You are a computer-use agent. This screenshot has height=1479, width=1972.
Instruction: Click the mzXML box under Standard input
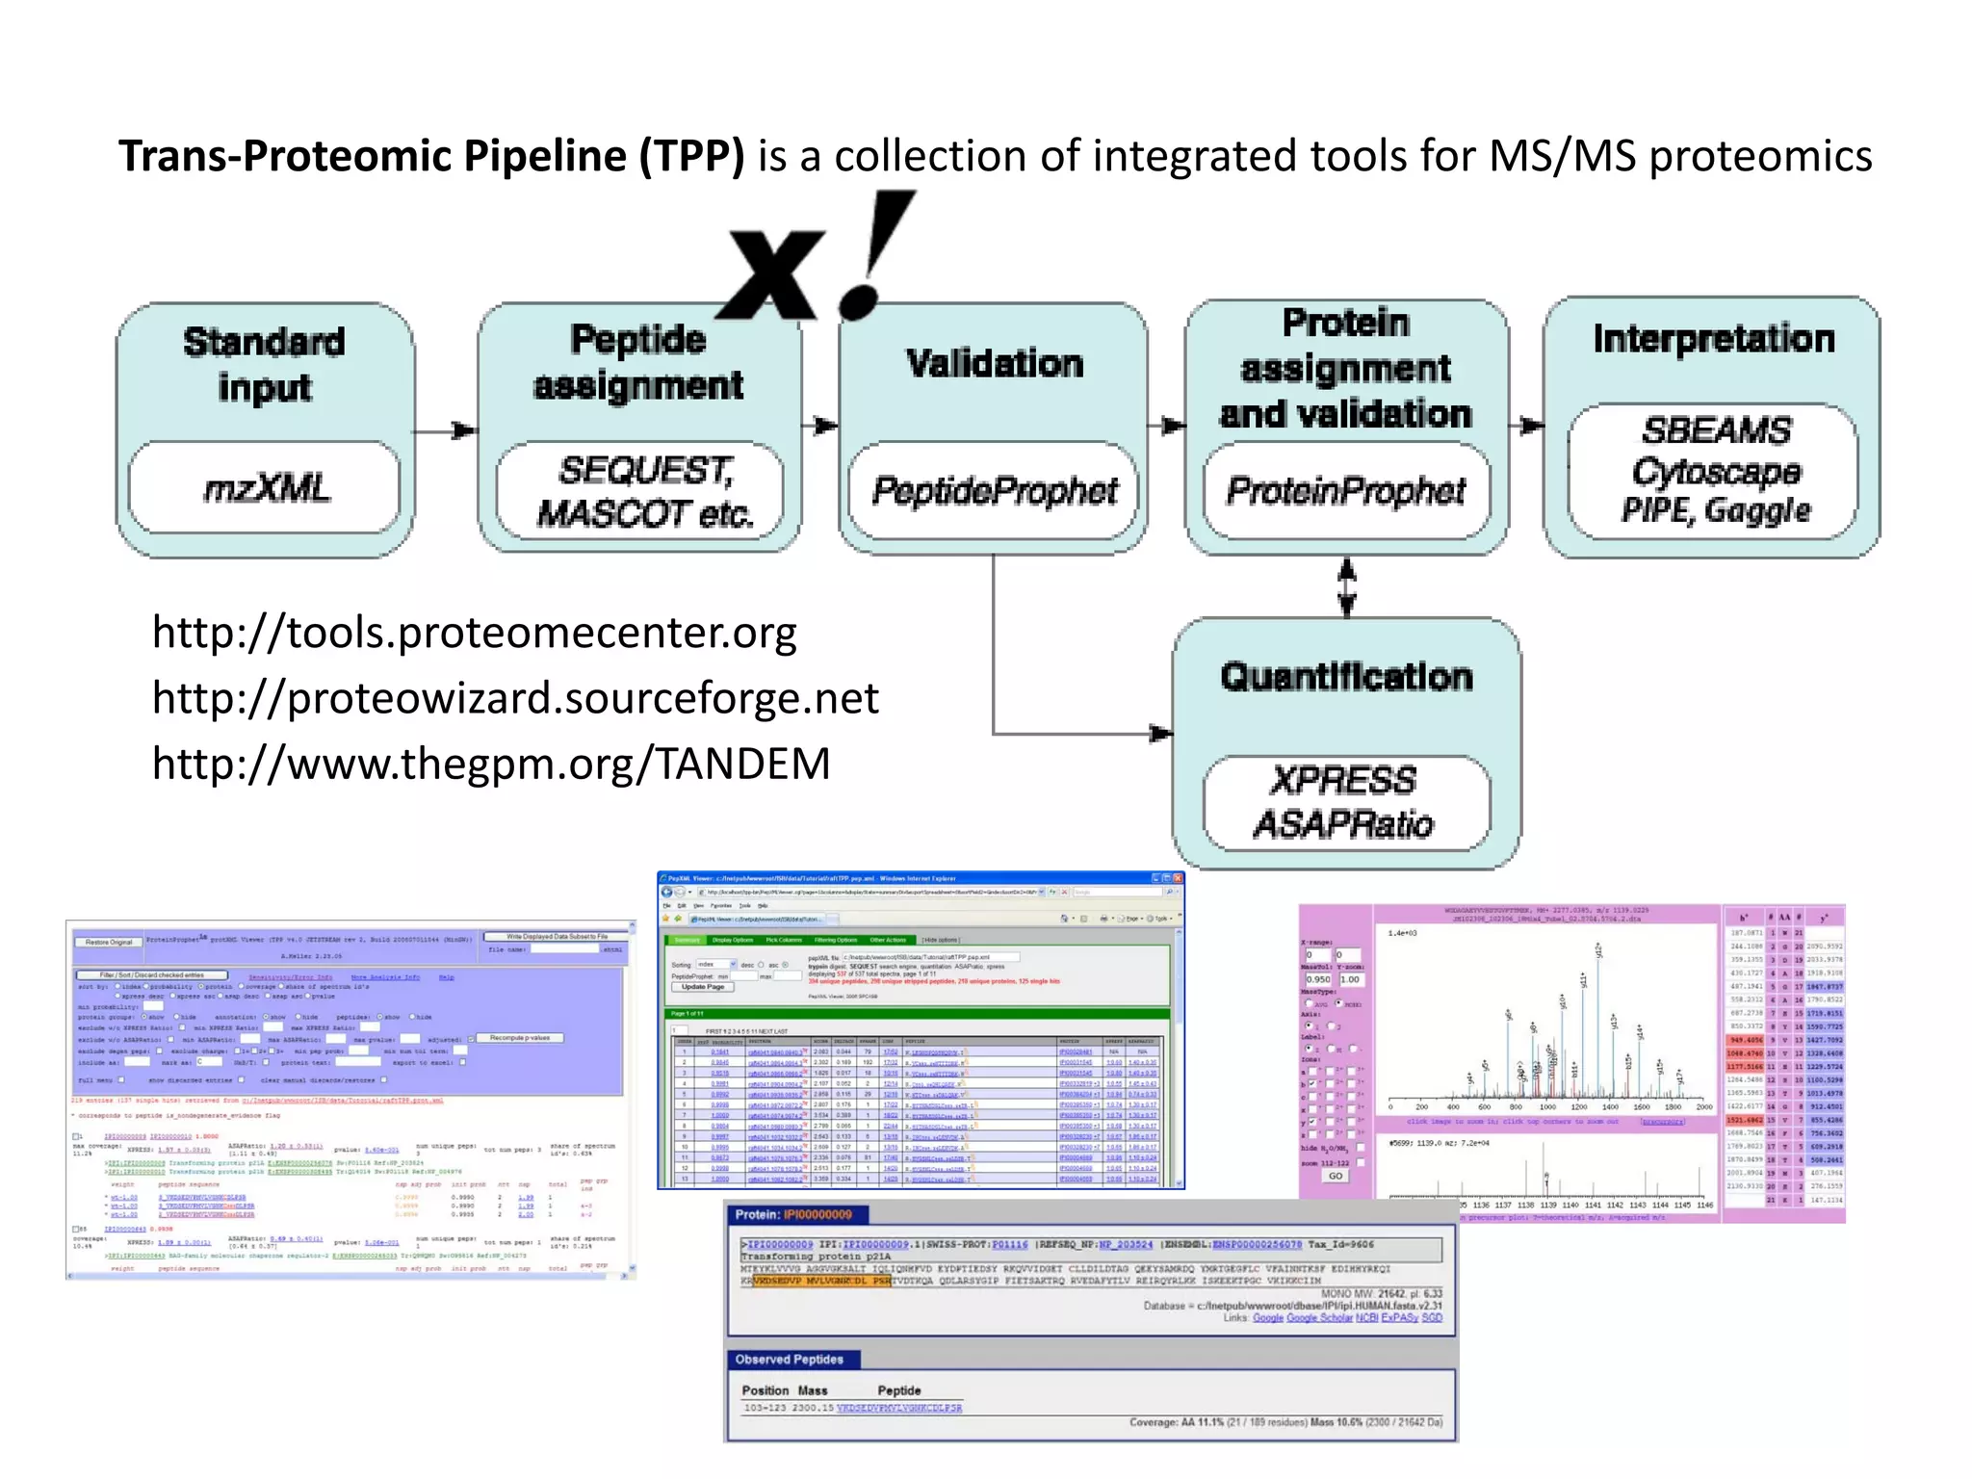tap(265, 488)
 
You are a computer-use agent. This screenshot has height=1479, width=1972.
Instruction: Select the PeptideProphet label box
tap(994, 491)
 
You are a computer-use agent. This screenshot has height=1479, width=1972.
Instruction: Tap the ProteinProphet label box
tap(1346, 491)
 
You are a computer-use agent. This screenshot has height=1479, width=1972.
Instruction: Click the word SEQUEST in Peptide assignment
tap(644, 470)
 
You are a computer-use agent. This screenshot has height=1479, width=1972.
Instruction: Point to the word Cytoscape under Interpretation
tap(1716, 471)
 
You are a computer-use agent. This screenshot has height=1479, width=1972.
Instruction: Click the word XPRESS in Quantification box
tap(1343, 780)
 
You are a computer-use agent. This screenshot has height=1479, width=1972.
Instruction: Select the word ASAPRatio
tap(1343, 824)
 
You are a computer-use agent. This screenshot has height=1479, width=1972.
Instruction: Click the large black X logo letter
tap(775, 274)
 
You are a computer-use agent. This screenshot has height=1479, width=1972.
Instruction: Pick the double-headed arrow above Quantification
tap(1347, 586)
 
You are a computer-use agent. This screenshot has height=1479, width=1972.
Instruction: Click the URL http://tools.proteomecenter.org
tap(474, 633)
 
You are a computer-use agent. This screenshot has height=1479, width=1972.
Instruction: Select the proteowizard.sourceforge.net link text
tap(515, 698)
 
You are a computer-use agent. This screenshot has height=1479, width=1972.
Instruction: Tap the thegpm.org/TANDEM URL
tap(491, 764)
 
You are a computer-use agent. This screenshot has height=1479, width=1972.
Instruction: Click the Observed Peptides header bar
tap(790, 1360)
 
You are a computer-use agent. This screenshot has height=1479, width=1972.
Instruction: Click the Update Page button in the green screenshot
tap(702, 987)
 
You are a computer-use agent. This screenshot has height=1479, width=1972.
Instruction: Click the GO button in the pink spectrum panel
tap(1335, 1176)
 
